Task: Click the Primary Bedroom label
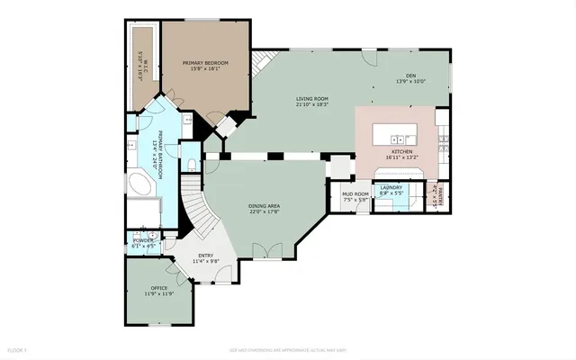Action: (x=205, y=63)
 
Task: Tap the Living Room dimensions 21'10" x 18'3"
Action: (x=311, y=104)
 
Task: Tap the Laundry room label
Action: (x=391, y=188)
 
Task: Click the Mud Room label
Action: (x=355, y=193)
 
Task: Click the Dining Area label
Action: (x=264, y=206)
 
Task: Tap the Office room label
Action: (x=159, y=288)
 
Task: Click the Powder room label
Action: (x=144, y=240)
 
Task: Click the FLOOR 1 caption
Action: (x=18, y=349)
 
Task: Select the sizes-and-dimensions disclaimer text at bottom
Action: (x=287, y=349)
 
